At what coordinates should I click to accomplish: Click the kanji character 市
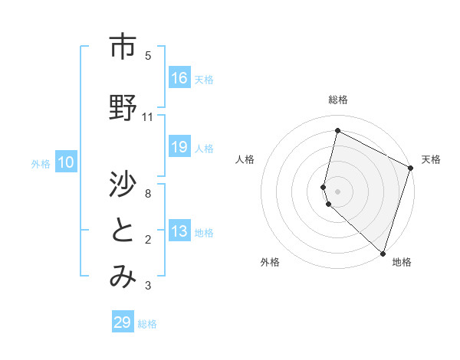tap(123, 47)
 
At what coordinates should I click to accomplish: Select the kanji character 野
tap(123, 108)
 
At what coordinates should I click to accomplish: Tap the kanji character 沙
tap(123, 184)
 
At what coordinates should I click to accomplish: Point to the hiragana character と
tap(123, 231)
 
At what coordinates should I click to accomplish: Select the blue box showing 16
tap(179, 78)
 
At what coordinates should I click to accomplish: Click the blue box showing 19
tap(179, 147)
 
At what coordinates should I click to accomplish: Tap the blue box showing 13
tap(179, 231)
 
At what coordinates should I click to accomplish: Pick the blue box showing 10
tap(66, 162)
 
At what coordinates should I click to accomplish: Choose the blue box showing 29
tap(123, 322)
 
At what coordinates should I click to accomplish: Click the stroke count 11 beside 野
tap(148, 117)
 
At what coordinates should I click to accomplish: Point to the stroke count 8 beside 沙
tap(148, 194)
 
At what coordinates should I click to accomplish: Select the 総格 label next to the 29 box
tap(148, 324)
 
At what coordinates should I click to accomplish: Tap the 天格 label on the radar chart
tap(431, 159)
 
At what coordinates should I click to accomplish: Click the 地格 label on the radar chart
tap(402, 262)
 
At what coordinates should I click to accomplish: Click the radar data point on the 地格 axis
tap(383, 253)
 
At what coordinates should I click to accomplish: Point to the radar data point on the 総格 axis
tap(337, 131)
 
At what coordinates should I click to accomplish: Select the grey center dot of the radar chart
tap(337, 190)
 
